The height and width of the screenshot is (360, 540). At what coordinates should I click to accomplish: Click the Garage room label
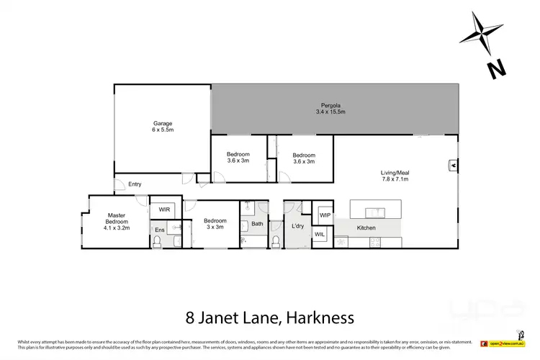click(162, 127)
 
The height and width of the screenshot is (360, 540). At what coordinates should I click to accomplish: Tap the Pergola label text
click(330, 108)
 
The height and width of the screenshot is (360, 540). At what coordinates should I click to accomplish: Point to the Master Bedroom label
click(117, 219)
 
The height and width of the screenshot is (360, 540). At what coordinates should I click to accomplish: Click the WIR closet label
click(165, 210)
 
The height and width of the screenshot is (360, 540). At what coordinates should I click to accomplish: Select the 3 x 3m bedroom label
click(215, 224)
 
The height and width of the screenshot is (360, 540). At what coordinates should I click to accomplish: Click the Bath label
click(257, 224)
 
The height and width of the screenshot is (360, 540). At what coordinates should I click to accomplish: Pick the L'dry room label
click(298, 227)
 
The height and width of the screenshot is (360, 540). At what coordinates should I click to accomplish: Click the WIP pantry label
click(325, 215)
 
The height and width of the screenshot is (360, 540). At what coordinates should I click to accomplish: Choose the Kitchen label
click(366, 228)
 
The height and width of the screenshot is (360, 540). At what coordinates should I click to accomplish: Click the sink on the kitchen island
click(375, 212)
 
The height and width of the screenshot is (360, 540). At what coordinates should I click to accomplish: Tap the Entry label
click(135, 184)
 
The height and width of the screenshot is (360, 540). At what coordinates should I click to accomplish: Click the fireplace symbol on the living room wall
click(453, 165)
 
